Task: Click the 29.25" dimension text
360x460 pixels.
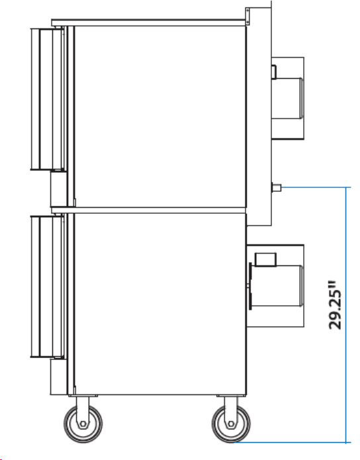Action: pyautogui.click(x=335, y=305)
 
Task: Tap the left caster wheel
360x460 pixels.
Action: pyautogui.click(x=83, y=424)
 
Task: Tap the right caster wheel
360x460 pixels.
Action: pyautogui.click(x=231, y=424)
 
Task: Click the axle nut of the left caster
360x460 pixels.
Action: pyautogui.click(x=83, y=424)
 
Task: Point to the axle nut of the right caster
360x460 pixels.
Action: pyautogui.click(x=231, y=424)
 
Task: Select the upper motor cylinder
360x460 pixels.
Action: pyautogui.click(x=287, y=98)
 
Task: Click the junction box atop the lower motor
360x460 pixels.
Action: pyautogui.click(x=265, y=259)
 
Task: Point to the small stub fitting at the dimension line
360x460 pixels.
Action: pyautogui.click(x=277, y=187)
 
